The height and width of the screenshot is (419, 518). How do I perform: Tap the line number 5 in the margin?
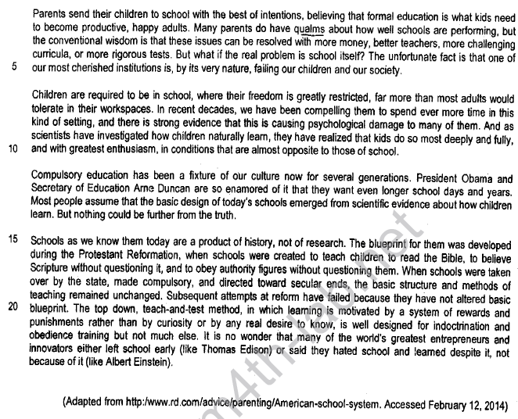(x=13, y=66)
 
